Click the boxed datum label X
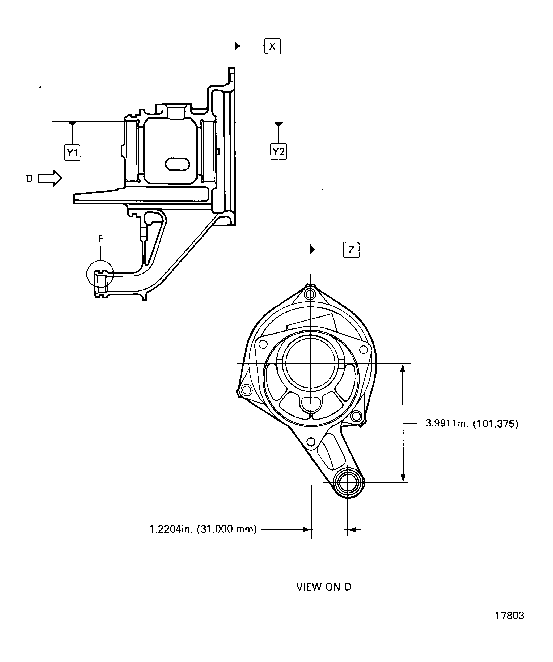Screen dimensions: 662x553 tap(272, 46)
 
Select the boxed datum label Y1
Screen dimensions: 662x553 tap(72, 153)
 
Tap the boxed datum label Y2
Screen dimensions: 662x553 tap(279, 152)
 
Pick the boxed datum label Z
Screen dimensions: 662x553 tap(351, 250)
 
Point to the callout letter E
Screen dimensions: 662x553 tap(101, 239)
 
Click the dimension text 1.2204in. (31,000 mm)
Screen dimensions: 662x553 tap(203, 529)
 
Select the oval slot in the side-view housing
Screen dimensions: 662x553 tap(177, 164)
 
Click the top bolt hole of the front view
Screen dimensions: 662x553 tap(310, 294)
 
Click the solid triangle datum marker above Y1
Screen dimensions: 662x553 tap(73, 124)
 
